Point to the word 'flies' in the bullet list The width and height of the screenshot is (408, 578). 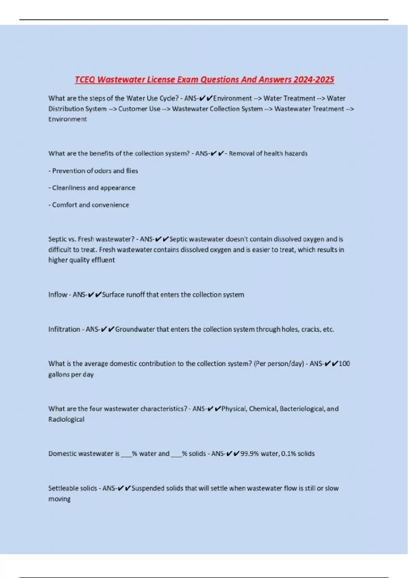tap(132, 171)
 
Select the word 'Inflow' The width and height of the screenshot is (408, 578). tap(58, 294)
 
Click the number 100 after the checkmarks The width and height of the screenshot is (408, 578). tap(344, 363)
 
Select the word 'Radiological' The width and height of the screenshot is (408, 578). tap(66, 419)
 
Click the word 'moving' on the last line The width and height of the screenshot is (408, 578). tap(60, 499)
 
